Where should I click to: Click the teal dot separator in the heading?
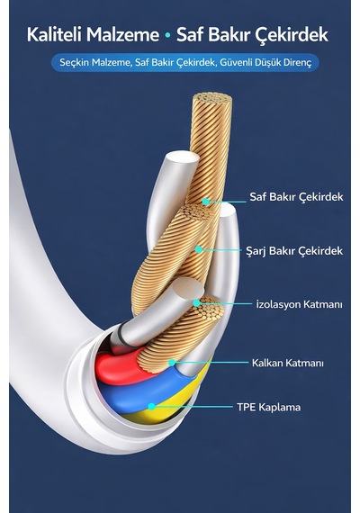click(x=168, y=35)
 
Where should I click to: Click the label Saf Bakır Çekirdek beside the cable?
click(x=296, y=197)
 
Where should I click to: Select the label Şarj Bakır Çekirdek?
click(x=294, y=251)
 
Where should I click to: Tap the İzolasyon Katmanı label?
click(x=299, y=304)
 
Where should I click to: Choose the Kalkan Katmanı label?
click(x=288, y=363)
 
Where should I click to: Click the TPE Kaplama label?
click(x=269, y=408)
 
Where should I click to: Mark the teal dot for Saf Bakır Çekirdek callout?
click(x=205, y=202)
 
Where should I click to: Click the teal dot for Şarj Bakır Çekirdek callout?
click(x=199, y=249)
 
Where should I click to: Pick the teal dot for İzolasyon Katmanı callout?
click(x=197, y=303)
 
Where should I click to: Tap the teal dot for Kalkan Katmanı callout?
click(x=172, y=363)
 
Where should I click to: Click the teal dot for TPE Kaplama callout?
click(x=151, y=407)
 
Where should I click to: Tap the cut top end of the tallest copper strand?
click(x=212, y=98)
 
